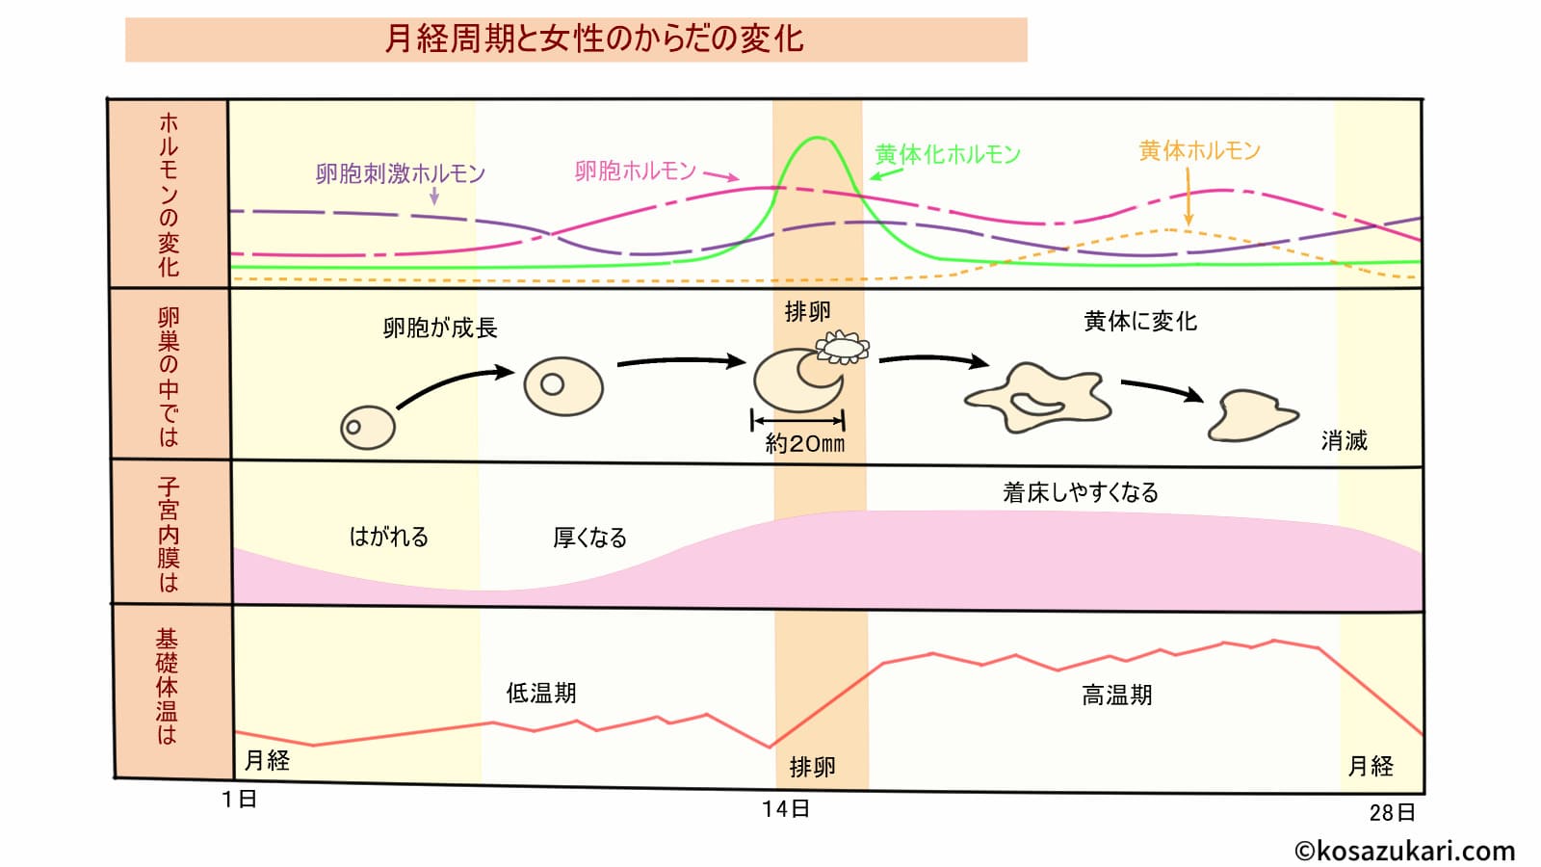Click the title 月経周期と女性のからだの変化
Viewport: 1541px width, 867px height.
coord(593,39)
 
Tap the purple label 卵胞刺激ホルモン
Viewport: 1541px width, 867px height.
coord(400,174)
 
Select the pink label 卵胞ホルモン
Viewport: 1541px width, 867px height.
coord(635,171)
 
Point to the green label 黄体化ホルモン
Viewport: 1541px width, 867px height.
coord(947,155)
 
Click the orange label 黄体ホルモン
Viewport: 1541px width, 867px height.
coord(1199,151)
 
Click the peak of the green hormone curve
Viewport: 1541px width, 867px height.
coord(818,139)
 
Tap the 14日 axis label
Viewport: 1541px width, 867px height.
coord(785,809)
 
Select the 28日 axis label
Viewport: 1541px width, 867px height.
coord(1392,813)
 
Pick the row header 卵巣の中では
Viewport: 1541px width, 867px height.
coord(169,377)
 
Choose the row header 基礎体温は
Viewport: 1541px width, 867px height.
coord(168,687)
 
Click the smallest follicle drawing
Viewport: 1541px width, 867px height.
coord(368,427)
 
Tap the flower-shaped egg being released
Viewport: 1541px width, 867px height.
coord(843,347)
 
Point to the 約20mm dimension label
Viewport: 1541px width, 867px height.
coord(804,444)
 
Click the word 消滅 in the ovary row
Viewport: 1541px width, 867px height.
coord(1344,441)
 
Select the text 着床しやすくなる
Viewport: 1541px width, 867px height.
coord(1080,493)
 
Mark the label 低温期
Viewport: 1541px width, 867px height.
coord(540,694)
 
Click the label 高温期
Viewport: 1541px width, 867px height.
coord(1116,696)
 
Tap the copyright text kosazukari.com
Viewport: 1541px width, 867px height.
coord(1404,851)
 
